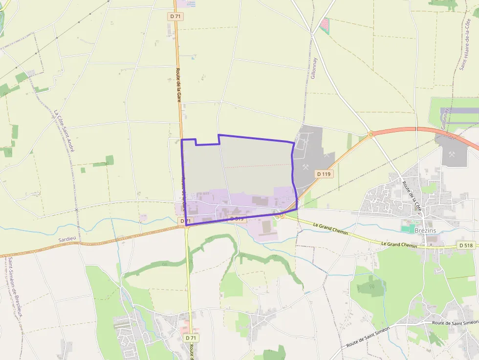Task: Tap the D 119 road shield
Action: click(x=324, y=173)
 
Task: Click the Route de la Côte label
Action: click(x=412, y=195)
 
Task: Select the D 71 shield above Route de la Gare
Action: click(x=176, y=16)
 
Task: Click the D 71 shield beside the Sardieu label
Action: click(x=184, y=221)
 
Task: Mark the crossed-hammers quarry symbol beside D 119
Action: click(x=306, y=167)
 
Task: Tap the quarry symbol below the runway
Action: click(x=451, y=154)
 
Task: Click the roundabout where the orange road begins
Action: click(x=370, y=133)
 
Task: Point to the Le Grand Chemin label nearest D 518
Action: click(x=399, y=244)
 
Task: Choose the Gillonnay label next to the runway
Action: click(x=444, y=119)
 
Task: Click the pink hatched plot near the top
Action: click(x=325, y=25)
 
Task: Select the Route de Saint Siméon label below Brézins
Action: click(x=367, y=337)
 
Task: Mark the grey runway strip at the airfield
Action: click(x=459, y=111)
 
